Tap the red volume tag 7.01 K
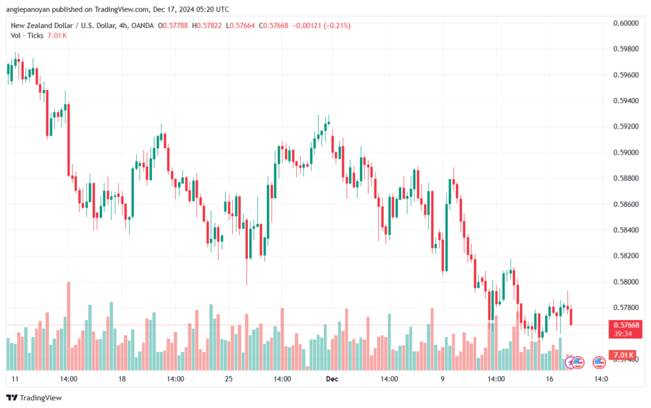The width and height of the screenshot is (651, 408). point(624,355)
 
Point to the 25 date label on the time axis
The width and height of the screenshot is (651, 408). point(229,379)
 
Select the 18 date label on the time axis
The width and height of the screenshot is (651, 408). point(122,379)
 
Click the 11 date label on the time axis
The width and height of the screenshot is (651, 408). point(15,379)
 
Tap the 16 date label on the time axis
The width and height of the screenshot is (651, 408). point(549,379)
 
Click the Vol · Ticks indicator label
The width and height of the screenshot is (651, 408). point(27,36)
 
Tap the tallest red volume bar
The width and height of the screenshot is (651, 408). point(68,325)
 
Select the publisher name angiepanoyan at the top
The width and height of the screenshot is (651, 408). point(32,10)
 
